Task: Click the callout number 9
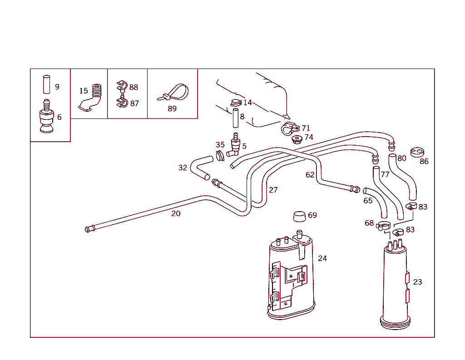click(57, 87)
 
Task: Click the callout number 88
click(134, 87)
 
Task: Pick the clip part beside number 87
click(121, 103)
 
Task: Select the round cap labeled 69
click(298, 216)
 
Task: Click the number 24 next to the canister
click(322, 258)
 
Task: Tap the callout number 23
click(417, 282)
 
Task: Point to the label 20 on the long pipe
click(176, 213)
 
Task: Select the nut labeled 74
click(297, 138)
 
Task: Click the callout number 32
click(183, 168)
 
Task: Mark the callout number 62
click(310, 175)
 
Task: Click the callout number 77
click(385, 174)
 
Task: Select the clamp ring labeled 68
click(383, 225)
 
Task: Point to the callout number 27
click(273, 190)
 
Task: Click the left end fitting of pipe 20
click(88, 229)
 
